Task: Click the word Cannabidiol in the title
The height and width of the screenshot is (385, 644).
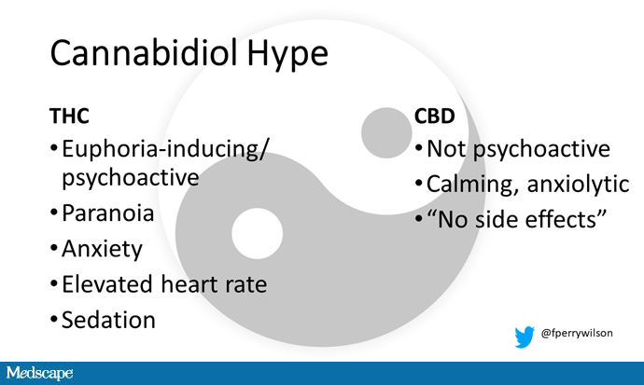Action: click(x=144, y=52)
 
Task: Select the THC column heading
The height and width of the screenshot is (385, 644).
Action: click(x=69, y=116)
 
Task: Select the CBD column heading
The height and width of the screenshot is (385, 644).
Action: click(x=435, y=116)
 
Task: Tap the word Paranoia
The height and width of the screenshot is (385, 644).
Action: click(x=107, y=213)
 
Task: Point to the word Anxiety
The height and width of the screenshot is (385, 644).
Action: click(x=102, y=249)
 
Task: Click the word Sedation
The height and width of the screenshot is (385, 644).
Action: click(x=108, y=320)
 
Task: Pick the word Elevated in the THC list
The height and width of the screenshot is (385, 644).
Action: click(x=106, y=283)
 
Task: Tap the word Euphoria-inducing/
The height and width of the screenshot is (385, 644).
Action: click(x=165, y=149)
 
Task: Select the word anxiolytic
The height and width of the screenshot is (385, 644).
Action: click(x=579, y=185)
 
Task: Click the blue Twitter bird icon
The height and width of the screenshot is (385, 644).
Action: click(x=525, y=337)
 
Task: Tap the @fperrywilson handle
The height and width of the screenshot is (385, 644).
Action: click(x=577, y=333)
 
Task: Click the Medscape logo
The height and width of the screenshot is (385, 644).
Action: click(x=39, y=373)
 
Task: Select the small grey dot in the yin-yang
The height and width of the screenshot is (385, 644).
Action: click(x=386, y=133)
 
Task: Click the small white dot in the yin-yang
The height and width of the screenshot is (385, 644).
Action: click(x=257, y=233)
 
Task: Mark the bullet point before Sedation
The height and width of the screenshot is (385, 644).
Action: click(x=54, y=319)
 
